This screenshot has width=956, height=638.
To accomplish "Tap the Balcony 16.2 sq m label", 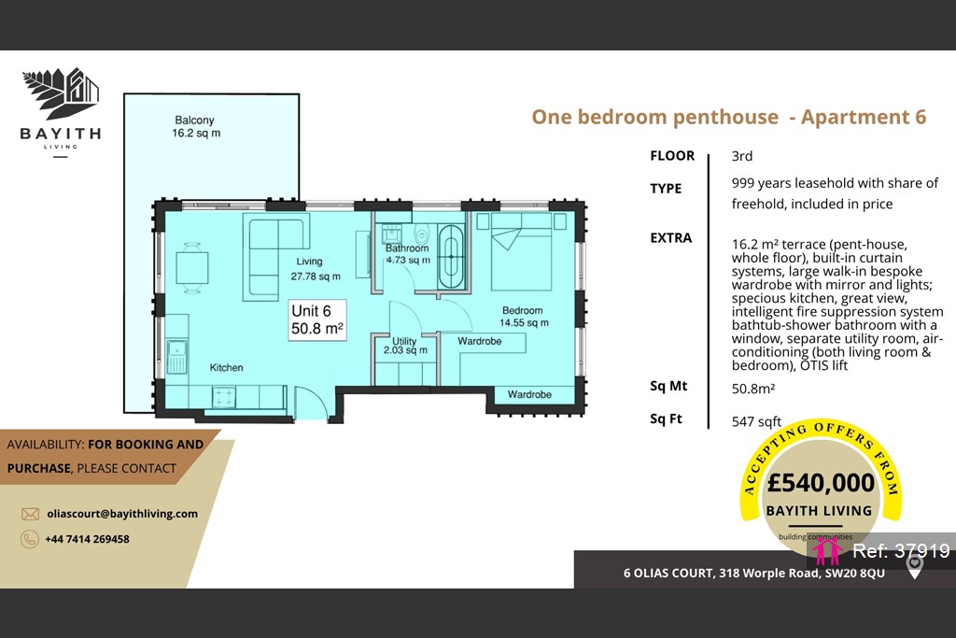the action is click(196, 126).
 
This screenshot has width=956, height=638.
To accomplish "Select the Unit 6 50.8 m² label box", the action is click(317, 319).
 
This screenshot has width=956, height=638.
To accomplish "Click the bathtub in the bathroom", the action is click(451, 257).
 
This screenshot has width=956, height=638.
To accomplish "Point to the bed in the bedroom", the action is click(521, 251).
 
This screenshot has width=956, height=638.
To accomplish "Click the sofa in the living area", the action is click(275, 257).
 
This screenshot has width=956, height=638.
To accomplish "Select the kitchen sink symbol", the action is click(176, 357).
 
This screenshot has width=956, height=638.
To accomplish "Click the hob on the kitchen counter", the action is click(224, 397).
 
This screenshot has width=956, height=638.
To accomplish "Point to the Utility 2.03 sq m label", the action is click(405, 346).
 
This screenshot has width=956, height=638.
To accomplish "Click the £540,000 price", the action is click(821, 482).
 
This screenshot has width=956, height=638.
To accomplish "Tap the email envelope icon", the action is click(30, 514).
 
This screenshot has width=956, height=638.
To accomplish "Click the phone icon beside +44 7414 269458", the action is click(29, 539).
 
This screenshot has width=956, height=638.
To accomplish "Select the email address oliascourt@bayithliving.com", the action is click(122, 514).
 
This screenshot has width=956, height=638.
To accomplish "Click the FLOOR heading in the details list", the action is click(672, 156).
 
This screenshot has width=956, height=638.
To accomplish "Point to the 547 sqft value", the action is click(756, 421).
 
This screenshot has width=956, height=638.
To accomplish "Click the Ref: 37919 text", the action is click(901, 551).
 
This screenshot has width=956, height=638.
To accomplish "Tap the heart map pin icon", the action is click(914, 567).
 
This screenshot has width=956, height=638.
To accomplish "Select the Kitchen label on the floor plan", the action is click(226, 368).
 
